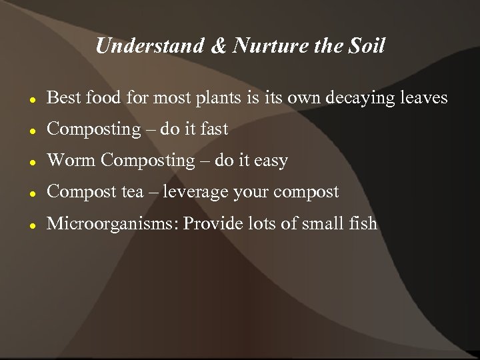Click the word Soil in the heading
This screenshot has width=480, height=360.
pos(368,46)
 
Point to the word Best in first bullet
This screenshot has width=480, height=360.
pos(63,98)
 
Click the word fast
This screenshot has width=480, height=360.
pos(214,129)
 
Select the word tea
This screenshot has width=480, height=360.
pos(130,192)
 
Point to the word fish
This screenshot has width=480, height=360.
pos(364,223)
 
